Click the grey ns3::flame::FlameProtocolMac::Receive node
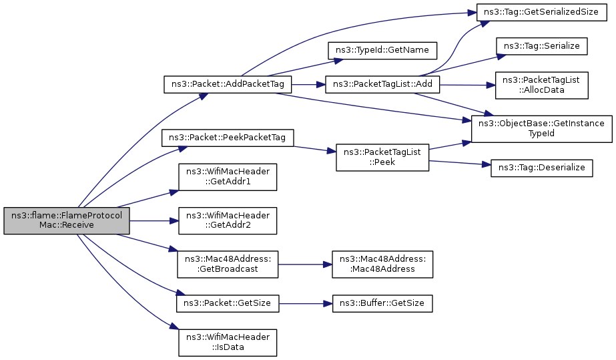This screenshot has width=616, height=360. pos(67,220)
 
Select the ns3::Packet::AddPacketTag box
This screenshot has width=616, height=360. pos(228,85)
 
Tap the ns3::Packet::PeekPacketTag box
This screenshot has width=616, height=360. pos(228,138)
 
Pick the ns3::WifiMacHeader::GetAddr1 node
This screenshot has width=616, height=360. pos(228,177)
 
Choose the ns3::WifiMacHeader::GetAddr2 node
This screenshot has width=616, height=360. pos(228,221)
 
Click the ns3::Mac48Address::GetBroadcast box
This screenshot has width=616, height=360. pos(228,264)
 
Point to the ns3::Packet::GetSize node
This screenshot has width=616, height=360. pos(228,304)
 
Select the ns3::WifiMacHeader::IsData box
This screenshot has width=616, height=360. pos(228,343)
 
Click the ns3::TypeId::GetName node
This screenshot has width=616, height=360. pos(382,51)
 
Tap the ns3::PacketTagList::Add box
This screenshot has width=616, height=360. pos(382,85)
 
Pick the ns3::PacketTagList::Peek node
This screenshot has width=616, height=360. pos(382,158)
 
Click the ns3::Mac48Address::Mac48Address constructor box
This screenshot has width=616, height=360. pos(382,264)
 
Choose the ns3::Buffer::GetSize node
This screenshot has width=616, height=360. pos(382,304)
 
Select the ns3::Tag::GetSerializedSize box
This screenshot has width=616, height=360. pos(542,12)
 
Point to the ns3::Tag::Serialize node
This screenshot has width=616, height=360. pos(542,46)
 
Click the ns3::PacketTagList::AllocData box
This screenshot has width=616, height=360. pos(542,85)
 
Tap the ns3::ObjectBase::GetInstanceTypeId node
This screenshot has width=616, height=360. pos(542,129)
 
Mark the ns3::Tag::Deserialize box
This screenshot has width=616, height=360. pos(542,168)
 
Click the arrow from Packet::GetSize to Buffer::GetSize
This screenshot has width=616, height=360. pos(306,304)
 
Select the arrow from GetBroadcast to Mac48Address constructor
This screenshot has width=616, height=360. pos(305,264)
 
